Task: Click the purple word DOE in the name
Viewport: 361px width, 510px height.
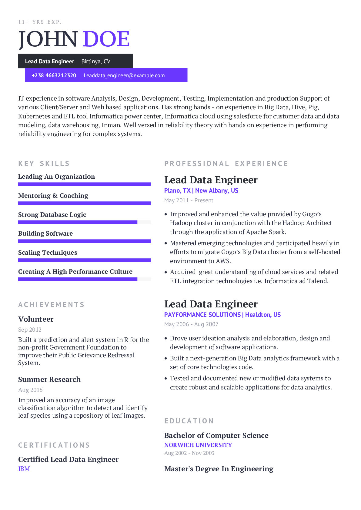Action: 106,39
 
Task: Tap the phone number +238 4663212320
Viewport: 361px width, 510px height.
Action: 54,75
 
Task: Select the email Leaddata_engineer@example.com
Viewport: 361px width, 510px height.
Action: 124,75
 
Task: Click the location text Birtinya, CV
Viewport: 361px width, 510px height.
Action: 96,61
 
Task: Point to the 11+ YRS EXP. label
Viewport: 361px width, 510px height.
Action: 40,22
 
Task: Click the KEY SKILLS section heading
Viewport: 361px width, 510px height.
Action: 44,164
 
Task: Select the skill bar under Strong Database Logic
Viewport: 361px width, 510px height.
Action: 78,222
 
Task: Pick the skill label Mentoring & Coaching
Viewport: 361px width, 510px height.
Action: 53,196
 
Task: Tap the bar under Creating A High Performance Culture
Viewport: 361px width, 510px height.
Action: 78,279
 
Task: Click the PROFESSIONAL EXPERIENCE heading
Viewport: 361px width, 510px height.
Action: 226,164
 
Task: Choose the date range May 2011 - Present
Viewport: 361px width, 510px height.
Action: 189,200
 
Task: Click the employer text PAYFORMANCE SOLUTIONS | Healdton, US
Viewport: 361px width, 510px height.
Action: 222,315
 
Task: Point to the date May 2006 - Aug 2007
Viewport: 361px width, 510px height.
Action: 191,324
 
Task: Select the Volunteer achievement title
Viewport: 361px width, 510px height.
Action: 36,319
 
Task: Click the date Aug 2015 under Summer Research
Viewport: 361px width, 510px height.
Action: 30,390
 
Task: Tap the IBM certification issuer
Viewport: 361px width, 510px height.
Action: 24,469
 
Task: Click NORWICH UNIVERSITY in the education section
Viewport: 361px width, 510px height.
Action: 198,445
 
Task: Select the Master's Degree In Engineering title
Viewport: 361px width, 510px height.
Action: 219,469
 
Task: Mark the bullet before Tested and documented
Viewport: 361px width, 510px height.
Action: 166,379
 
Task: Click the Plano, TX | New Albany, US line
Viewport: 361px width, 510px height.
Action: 201,190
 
